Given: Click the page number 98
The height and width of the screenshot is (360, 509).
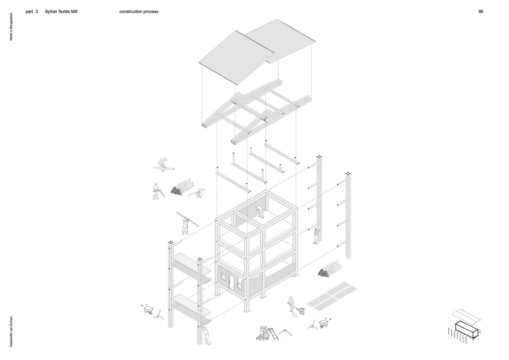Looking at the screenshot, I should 480,12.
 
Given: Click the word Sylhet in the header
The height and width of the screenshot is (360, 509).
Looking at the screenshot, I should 51,12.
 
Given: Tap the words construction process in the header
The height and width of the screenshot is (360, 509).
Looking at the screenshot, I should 139,12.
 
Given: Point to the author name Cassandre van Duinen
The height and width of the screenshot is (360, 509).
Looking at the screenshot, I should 11,330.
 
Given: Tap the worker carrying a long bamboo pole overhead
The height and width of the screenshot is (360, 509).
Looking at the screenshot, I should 185,224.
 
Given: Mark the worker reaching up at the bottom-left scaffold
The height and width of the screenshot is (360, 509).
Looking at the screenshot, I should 206,334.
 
